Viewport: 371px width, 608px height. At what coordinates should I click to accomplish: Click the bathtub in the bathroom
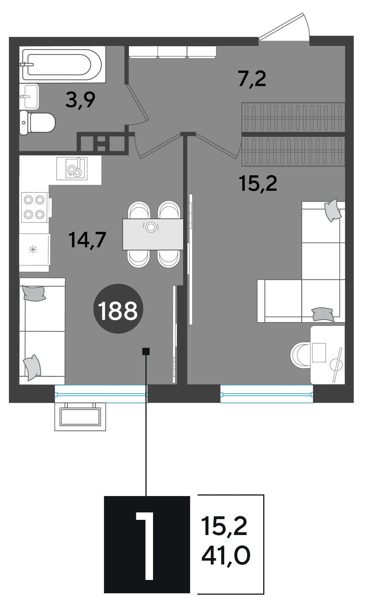point(62,64)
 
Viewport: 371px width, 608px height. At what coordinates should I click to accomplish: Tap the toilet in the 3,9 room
point(37,123)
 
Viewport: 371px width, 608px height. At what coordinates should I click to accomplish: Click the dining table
point(153,234)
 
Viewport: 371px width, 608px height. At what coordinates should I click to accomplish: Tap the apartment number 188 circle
point(118,309)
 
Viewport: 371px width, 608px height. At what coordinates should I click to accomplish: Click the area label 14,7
point(87,240)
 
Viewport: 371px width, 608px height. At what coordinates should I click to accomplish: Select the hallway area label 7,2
point(252,79)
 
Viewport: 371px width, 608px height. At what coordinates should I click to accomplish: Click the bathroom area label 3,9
point(80,100)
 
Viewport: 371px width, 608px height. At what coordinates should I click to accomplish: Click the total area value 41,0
point(226,555)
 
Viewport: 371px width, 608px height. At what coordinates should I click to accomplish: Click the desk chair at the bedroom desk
point(300,355)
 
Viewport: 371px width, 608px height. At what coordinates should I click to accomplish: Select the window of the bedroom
point(266,394)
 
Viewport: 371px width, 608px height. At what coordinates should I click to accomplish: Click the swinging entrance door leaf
point(284,26)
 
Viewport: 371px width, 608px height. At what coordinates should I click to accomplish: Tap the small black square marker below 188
point(146,352)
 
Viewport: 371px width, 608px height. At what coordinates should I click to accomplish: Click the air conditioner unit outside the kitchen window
point(80,417)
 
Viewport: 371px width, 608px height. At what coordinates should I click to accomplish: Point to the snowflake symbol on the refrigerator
point(33,249)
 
